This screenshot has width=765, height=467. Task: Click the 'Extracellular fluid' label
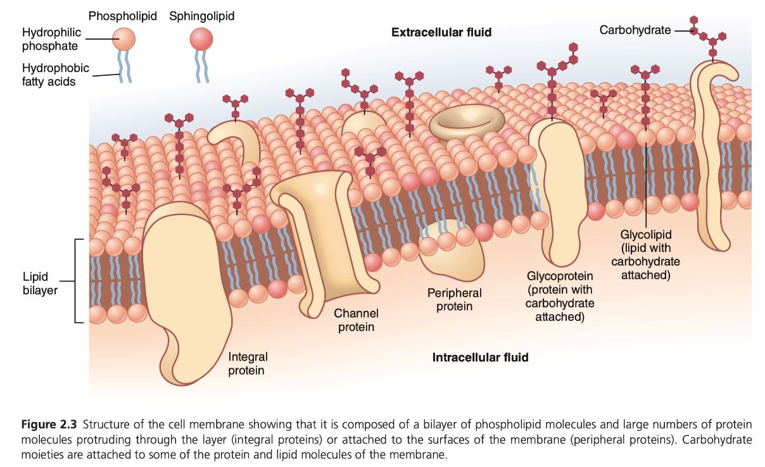441,32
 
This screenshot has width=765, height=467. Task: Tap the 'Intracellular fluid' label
480,358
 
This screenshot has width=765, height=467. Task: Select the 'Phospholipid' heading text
123,16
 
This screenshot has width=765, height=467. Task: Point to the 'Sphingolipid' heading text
201,16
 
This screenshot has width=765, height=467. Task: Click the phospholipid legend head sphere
123,39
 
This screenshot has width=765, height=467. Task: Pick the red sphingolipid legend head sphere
202,40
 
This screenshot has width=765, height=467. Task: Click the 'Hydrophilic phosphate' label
51,39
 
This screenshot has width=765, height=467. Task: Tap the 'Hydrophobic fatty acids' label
56,75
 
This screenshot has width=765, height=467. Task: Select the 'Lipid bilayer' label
40,283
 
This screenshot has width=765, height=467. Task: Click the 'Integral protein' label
248,364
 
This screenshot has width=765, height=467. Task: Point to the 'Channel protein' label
356,320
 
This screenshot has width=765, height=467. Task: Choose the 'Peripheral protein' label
454,300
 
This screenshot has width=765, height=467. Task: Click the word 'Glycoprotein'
560,276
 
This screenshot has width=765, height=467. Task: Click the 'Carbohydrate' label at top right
635,30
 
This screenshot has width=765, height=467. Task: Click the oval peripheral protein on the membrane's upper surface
467,121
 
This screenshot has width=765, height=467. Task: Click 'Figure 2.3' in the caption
49,423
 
